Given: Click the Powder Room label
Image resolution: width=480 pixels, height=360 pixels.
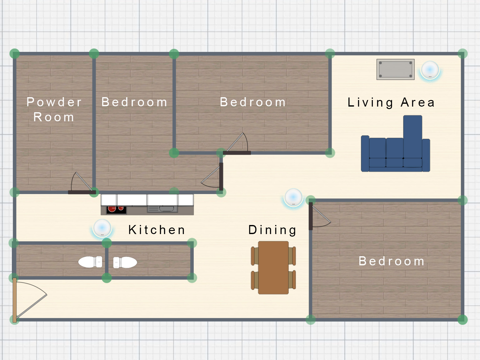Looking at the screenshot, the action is pyautogui.click(x=54, y=109).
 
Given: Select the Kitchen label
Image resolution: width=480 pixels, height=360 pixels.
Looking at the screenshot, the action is pyautogui.click(x=157, y=230).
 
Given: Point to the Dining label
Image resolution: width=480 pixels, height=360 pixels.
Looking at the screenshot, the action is pyautogui.click(x=272, y=230).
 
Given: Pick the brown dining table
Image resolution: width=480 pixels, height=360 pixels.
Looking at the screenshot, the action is pyautogui.click(x=273, y=267).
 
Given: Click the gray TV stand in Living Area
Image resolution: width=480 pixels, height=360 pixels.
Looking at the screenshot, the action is pyautogui.click(x=395, y=69).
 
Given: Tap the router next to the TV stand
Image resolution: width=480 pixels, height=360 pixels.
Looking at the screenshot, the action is pyautogui.click(x=430, y=71).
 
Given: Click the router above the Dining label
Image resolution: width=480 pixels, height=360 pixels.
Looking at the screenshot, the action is pyautogui.click(x=293, y=198).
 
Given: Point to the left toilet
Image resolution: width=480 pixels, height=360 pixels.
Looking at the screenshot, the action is pyautogui.click(x=90, y=262).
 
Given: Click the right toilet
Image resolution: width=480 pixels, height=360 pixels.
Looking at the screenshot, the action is pyautogui.click(x=125, y=262).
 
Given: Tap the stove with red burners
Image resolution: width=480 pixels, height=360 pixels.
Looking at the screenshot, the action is pyautogui.click(x=116, y=210).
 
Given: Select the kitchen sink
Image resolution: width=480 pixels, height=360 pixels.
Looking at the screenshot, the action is pyautogui.click(x=162, y=209).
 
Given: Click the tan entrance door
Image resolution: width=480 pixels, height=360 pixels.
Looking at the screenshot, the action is pyautogui.click(x=14, y=300).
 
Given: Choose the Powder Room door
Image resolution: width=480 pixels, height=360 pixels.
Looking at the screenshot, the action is pyautogui.click(x=82, y=192).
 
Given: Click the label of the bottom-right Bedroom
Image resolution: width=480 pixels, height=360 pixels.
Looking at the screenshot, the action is pyautogui.click(x=392, y=261).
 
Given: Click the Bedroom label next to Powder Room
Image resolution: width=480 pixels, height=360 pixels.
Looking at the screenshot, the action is pyautogui.click(x=134, y=102).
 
